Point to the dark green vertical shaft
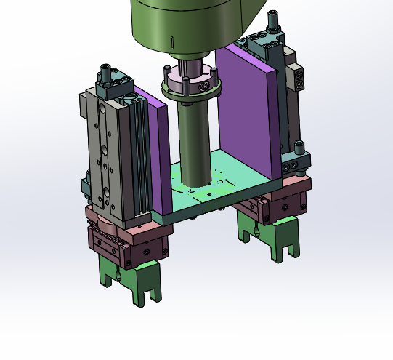194,145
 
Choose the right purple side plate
251,109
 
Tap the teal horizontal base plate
218,193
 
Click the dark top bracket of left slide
116,86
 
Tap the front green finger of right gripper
284,240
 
